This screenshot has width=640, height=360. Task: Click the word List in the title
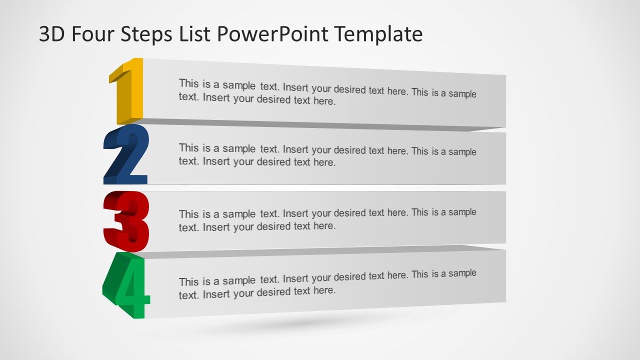coord(200,34)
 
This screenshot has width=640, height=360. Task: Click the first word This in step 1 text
coord(189,83)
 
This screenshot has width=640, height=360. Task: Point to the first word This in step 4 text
coord(189,281)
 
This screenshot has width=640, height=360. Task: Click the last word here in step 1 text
coord(324,101)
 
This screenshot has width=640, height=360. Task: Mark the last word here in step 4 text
coord(324,290)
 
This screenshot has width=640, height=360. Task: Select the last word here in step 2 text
coord(324,162)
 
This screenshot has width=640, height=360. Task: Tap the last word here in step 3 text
coord(324,226)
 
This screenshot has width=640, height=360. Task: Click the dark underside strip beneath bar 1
coord(320,124)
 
